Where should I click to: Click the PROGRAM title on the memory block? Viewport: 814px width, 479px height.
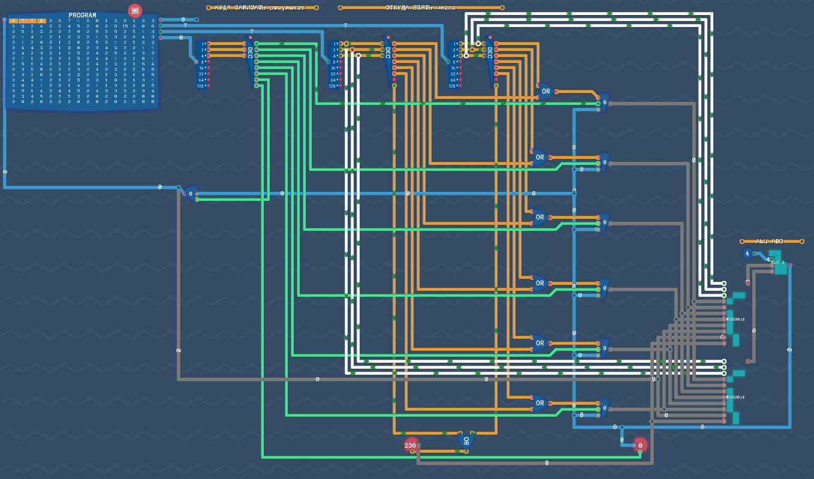coord(82,15)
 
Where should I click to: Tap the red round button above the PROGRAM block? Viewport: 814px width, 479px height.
coord(135,11)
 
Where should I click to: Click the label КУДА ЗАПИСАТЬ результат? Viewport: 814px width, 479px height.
coord(260,8)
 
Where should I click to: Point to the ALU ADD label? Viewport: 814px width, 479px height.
coord(770,242)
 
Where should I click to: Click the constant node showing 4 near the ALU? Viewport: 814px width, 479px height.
coord(747,254)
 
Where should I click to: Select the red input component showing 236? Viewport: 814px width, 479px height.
coord(411,445)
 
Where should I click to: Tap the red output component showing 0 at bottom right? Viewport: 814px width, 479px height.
coord(640,445)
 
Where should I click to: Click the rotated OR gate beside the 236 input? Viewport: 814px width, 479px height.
coord(466,441)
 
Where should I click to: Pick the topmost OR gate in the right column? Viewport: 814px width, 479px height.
coord(545,92)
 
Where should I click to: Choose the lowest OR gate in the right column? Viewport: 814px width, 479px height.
coord(539,403)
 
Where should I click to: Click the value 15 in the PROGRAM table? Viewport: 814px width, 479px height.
coord(125,26)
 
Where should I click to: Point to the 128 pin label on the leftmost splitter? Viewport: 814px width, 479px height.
coord(200,86)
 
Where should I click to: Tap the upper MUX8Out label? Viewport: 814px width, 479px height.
coord(735,320)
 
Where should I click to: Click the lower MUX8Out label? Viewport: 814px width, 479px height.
coord(735,397)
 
